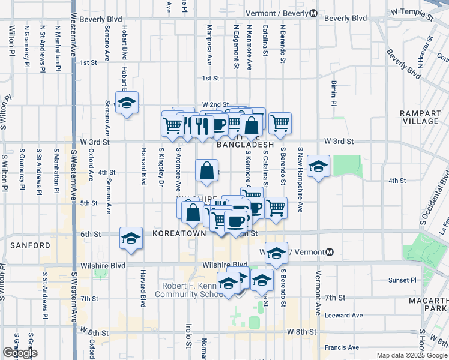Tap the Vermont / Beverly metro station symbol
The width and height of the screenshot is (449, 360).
[x=313, y=14]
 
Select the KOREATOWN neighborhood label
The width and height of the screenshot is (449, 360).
[x=175, y=232]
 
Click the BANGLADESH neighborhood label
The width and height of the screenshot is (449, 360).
[x=245, y=145]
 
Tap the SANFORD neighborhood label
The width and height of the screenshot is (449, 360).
[x=30, y=245]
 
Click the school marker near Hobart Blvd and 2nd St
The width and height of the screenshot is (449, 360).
[x=127, y=103]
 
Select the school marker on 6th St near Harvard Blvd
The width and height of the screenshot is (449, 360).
[x=131, y=238]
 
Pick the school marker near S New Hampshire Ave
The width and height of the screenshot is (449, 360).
[x=318, y=166]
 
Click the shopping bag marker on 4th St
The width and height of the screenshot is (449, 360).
[x=206, y=170]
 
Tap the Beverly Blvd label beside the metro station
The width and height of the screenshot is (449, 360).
[x=345, y=18]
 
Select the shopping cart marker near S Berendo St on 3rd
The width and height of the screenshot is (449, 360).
[x=280, y=124]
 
